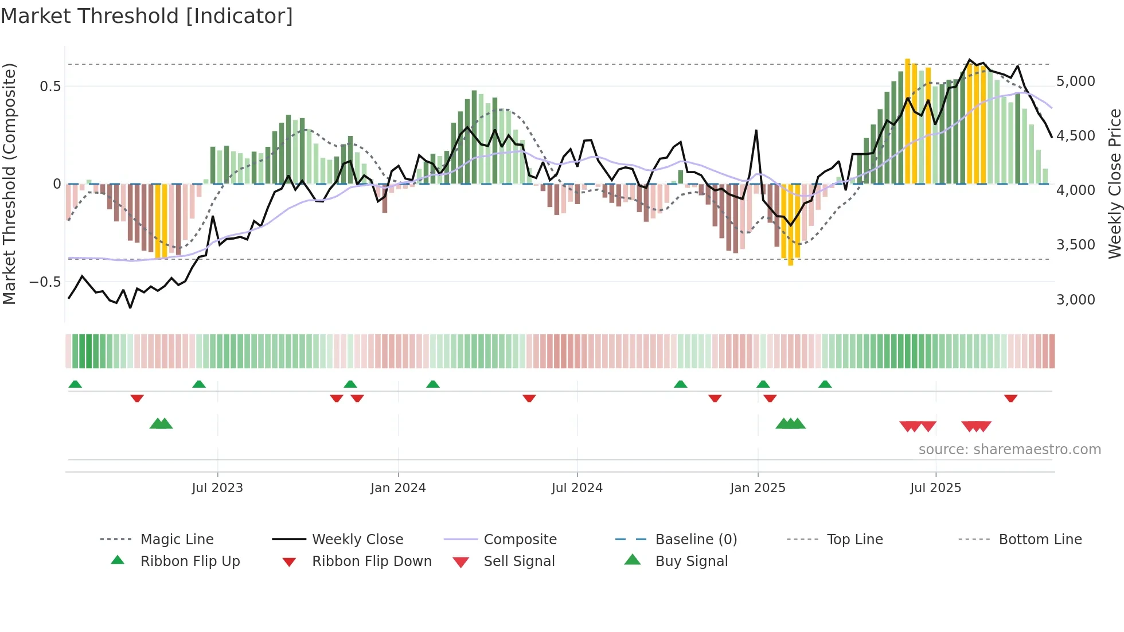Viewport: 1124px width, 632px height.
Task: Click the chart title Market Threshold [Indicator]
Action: point(147,16)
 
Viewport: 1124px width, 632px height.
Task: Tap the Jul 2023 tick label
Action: point(217,488)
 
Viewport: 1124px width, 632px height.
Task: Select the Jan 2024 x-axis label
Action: point(398,488)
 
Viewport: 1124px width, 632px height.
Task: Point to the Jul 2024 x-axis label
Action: point(577,488)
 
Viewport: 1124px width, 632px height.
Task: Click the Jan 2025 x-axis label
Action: point(758,488)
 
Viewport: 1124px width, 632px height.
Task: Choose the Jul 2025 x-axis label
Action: point(935,488)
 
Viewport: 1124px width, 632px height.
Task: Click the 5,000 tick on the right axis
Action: point(1075,81)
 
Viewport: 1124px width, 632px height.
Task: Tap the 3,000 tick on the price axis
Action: point(1075,300)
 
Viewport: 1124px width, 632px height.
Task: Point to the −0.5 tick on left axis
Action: point(45,282)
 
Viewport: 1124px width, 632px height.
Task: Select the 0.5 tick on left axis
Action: point(50,87)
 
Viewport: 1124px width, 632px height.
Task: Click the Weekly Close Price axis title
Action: point(1114,184)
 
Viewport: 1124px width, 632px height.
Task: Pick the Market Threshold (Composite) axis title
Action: point(9,184)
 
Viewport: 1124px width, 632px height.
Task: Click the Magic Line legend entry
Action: point(177,540)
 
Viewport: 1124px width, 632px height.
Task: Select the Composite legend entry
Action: point(520,540)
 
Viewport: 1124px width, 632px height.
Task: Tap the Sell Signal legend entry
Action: point(519,561)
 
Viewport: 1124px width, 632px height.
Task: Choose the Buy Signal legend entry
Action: point(691,561)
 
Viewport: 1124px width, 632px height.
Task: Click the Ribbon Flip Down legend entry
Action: point(372,561)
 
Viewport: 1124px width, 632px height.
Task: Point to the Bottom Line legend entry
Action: point(1040,540)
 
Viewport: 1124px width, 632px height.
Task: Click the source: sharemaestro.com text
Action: point(1009,450)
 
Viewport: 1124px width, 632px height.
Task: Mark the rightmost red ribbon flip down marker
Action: point(1010,398)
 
